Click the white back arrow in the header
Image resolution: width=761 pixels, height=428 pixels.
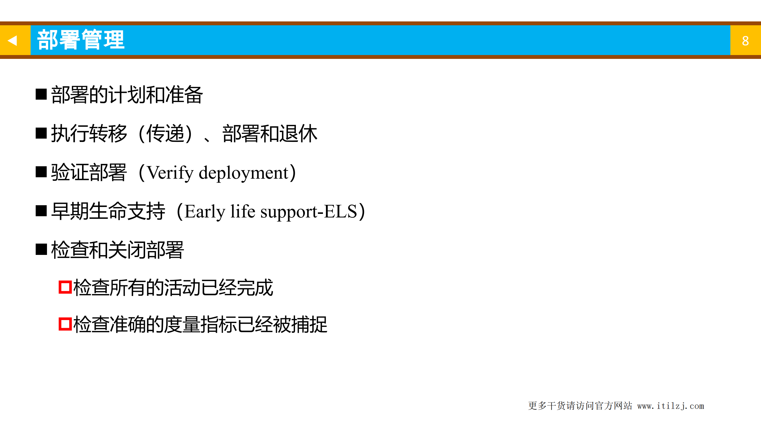click(12, 40)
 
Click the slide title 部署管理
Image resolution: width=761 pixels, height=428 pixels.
click(81, 40)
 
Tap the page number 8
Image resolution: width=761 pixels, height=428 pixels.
click(745, 41)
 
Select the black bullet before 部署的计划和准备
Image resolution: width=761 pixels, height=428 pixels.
click(41, 94)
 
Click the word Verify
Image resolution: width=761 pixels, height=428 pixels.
click(170, 173)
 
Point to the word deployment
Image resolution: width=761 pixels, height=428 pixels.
click(244, 173)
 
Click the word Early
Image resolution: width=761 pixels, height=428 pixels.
click(205, 212)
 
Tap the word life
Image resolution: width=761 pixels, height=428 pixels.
click(243, 212)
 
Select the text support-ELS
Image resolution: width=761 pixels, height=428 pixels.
click(308, 212)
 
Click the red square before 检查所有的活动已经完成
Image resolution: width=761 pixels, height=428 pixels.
click(65, 287)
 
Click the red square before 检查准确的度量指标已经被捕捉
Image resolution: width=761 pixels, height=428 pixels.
click(65, 324)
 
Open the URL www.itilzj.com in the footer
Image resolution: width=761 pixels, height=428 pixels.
click(670, 406)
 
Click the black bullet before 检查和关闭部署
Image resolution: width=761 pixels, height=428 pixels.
click(41, 250)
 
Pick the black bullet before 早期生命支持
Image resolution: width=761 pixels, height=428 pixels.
click(41, 211)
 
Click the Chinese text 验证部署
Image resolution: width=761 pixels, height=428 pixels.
click(89, 173)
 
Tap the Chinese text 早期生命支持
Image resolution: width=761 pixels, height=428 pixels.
click(108, 211)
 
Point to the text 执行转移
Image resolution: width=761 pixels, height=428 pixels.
click(89, 134)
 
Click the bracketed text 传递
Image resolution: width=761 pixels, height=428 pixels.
click(165, 134)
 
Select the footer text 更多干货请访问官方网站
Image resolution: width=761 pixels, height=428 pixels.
click(580, 406)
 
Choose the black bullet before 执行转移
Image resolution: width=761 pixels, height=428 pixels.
click(41, 133)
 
